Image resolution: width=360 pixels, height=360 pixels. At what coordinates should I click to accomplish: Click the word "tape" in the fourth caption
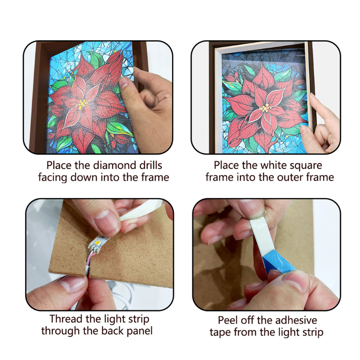click(221, 333)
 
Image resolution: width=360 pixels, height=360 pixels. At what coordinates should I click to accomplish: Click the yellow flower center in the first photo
click(82, 104)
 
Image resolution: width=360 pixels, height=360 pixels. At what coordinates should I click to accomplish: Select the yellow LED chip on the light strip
click(99, 242)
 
